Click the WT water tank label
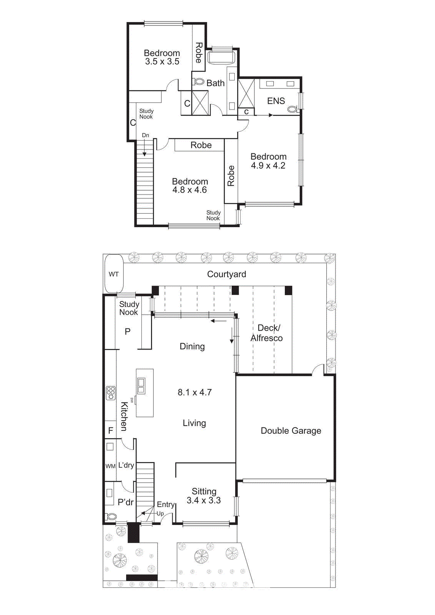[x=113, y=274]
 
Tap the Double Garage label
[x=291, y=430]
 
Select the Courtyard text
[x=226, y=274]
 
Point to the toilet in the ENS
[x=292, y=109]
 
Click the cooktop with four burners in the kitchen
[x=111, y=393]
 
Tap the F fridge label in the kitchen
[x=111, y=430]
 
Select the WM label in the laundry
[x=110, y=466]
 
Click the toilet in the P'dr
[x=111, y=516]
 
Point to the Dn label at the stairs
[x=145, y=135]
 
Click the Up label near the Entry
[x=160, y=514]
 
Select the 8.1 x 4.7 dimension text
[x=194, y=392]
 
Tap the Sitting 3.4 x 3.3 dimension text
[x=204, y=500]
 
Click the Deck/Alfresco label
[x=267, y=333]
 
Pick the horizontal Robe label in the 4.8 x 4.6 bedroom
[x=201, y=145]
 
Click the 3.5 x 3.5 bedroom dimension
[x=162, y=61]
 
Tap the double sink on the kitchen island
[x=141, y=386]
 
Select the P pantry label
[x=128, y=331]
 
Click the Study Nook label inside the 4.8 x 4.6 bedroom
[x=213, y=215]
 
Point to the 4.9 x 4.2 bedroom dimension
[x=268, y=166]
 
